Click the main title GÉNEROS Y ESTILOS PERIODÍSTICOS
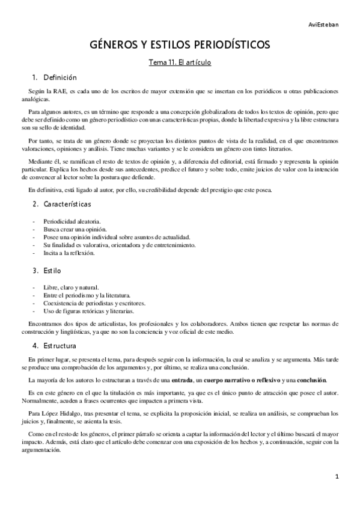point(180,45)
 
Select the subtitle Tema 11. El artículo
point(180,62)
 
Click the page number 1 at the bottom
point(337,476)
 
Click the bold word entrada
point(182,380)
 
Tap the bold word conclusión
point(311,380)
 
